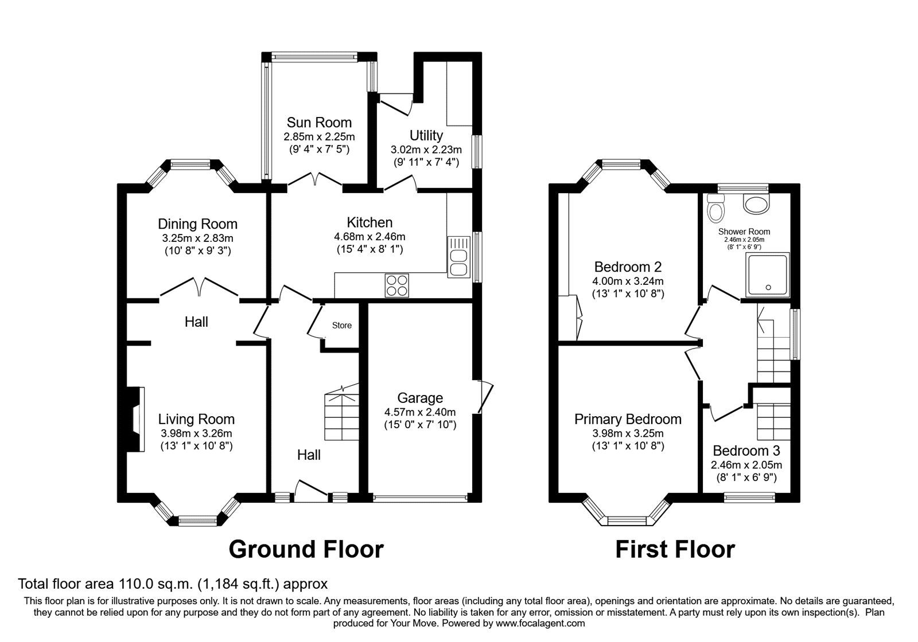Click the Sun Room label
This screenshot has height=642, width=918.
point(319,122)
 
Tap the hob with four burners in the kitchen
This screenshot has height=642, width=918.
point(398,285)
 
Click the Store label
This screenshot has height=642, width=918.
point(342,326)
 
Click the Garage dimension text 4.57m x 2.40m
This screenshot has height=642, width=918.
point(420,412)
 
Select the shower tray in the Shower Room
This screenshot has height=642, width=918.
point(768,275)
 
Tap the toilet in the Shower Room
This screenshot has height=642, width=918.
point(715,209)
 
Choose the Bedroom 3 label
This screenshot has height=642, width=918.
point(746,451)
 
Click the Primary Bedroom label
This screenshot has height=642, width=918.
point(628,419)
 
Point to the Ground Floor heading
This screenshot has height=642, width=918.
point(306,549)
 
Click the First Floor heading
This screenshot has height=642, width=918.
point(675,549)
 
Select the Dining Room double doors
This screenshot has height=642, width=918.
point(199,287)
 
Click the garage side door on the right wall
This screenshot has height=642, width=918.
point(485,397)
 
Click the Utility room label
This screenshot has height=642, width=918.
point(426,135)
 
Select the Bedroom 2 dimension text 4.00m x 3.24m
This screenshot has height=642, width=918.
point(628,281)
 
